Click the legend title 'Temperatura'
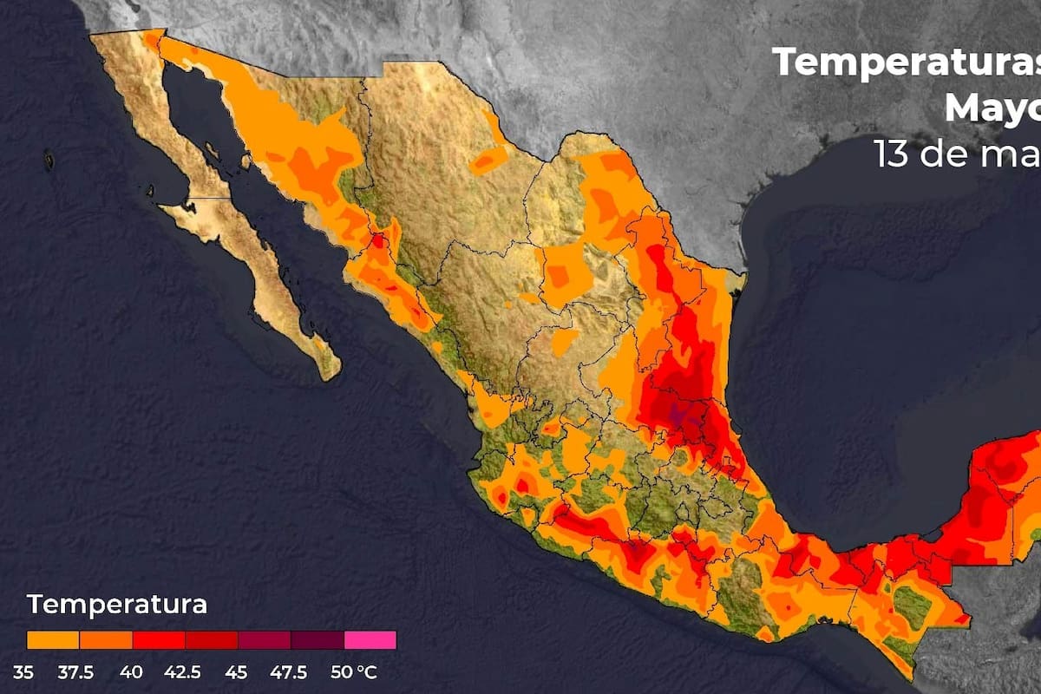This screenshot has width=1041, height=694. pos(117,604)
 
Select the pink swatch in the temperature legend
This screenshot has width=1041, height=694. pos(370,640)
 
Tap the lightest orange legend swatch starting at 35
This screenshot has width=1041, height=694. pos(53,640)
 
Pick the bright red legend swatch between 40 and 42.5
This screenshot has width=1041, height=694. pos(159,640)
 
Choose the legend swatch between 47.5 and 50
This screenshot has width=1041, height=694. pos(318,640)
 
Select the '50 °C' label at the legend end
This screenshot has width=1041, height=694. pos(355,672)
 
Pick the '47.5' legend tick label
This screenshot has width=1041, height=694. pos(290,672)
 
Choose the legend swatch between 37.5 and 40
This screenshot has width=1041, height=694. pos(106,640)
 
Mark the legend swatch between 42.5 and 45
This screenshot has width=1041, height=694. pos(212,640)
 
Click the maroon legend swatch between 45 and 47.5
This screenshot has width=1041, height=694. pos(265,640)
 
